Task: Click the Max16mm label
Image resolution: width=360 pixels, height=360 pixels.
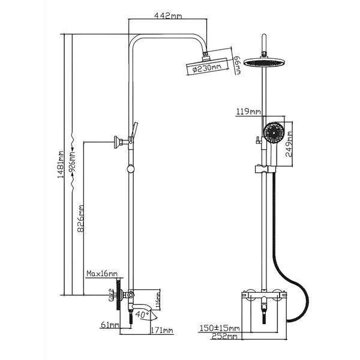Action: click(101, 274)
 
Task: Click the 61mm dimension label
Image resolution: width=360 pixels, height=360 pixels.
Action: click(110, 325)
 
